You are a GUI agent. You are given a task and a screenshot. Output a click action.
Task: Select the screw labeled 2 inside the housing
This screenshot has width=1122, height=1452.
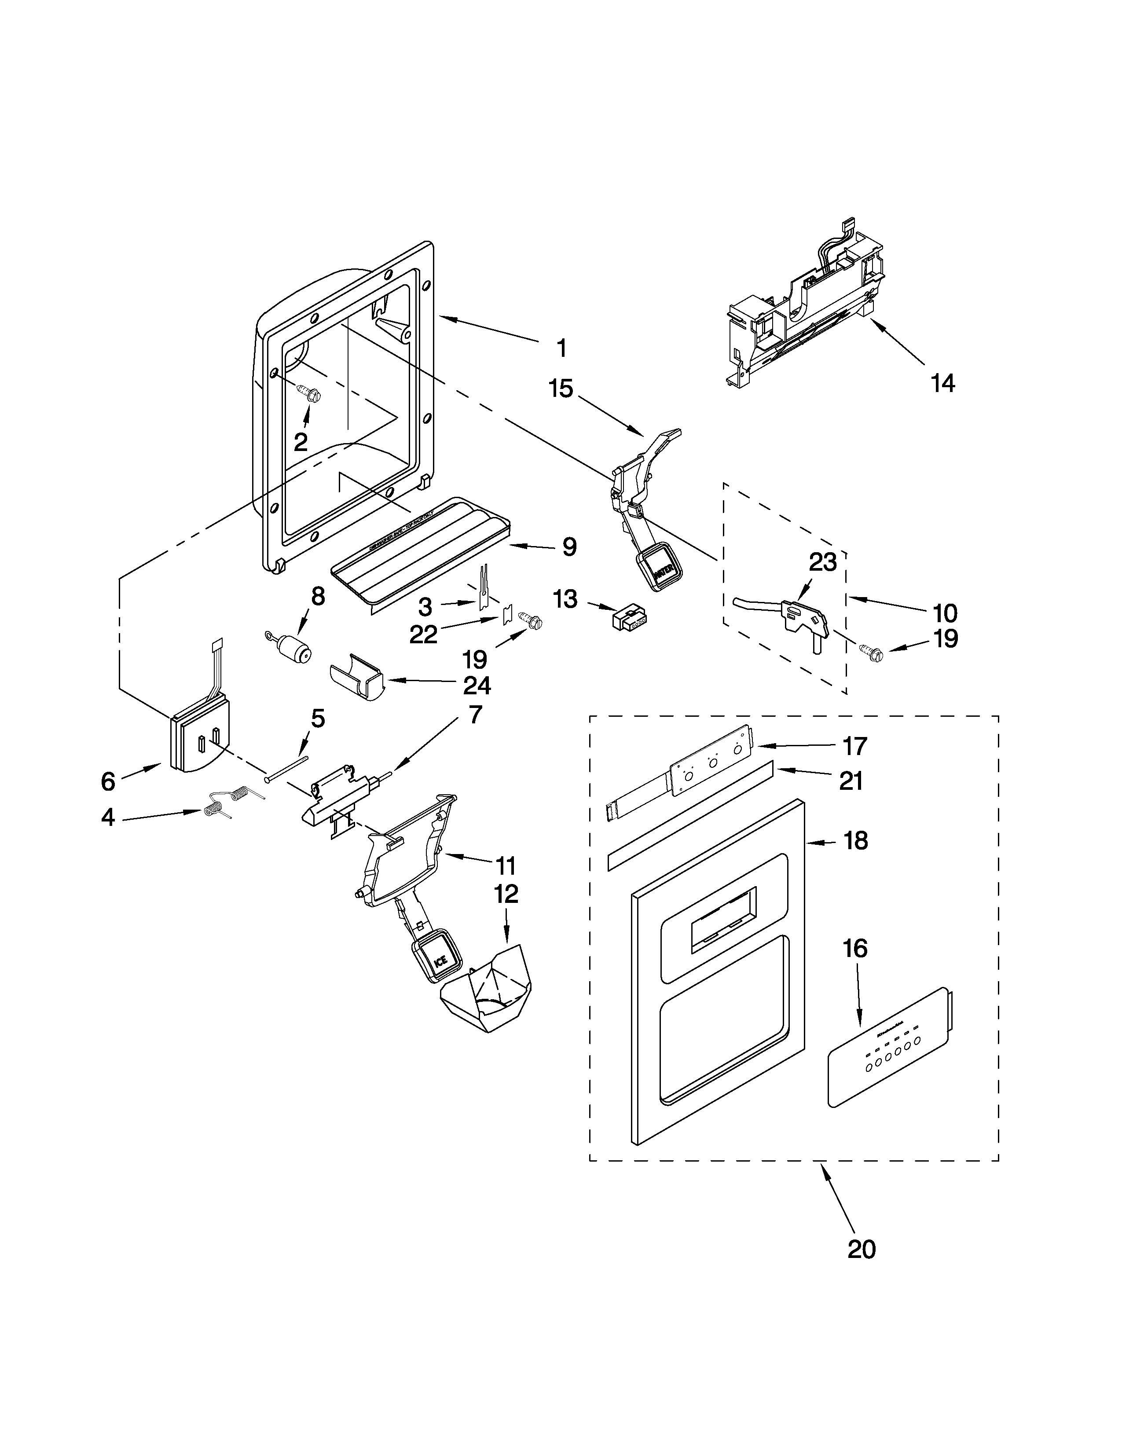click(310, 394)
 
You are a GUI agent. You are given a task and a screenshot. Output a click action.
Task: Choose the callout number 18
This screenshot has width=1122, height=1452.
click(856, 840)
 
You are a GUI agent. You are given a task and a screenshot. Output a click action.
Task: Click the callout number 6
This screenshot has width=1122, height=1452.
click(108, 781)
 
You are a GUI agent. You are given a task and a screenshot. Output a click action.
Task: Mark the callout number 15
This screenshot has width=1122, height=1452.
click(560, 388)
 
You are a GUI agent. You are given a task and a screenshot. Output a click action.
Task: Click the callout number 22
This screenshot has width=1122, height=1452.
click(423, 634)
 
